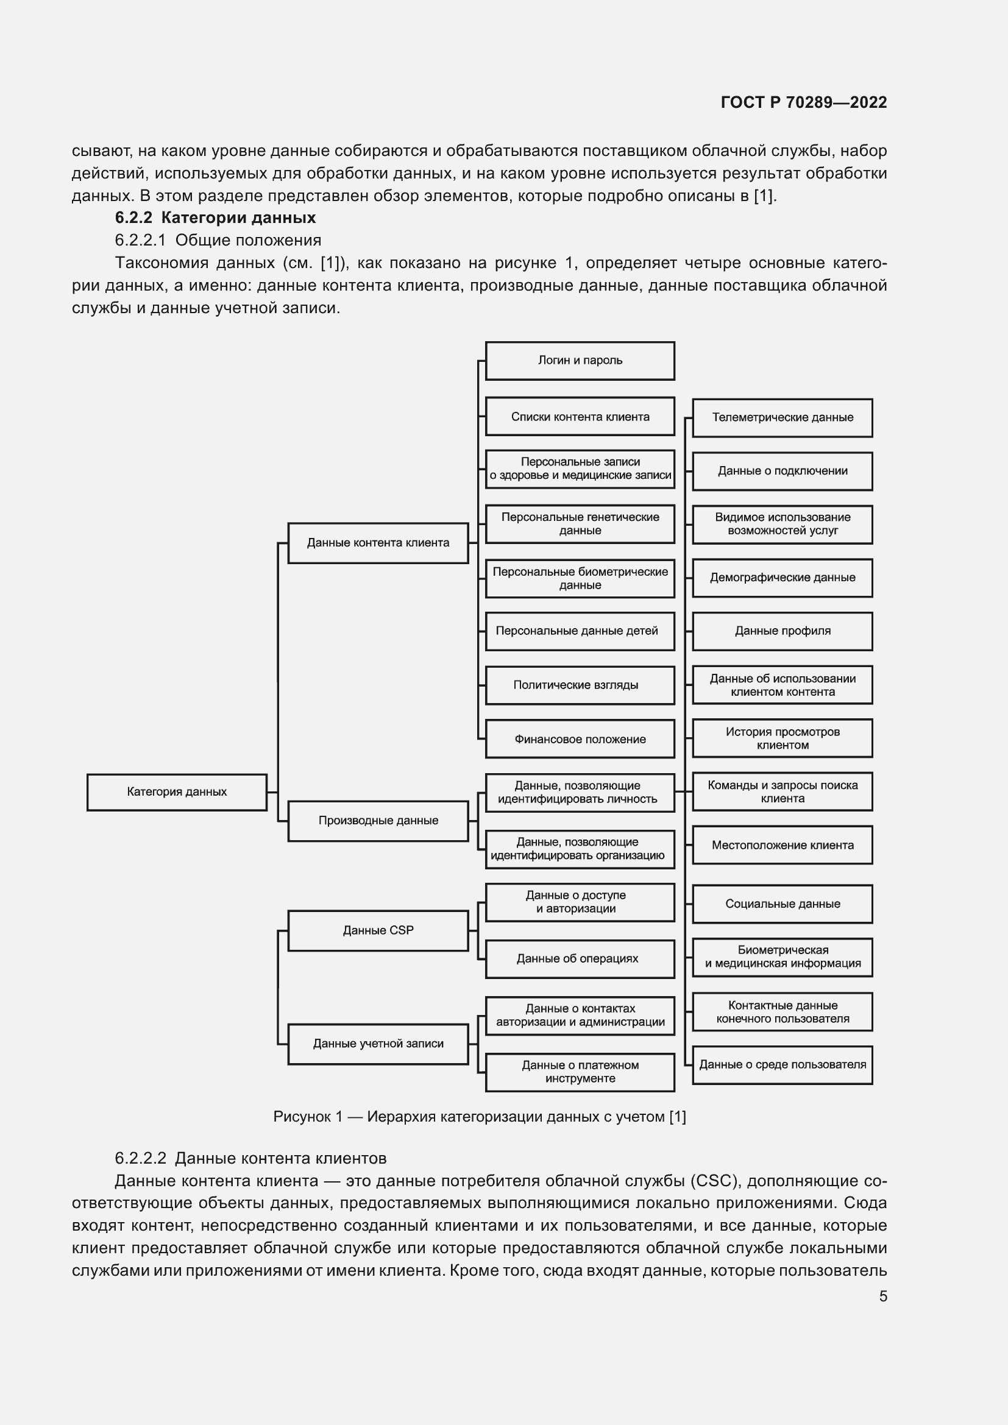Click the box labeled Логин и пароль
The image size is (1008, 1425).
[x=580, y=361]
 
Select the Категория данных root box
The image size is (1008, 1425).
[x=177, y=792]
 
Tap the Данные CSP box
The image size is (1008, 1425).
[x=378, y=930]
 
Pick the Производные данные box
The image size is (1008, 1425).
[x=378, y=821]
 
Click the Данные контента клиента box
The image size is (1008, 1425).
[x=378, y=543]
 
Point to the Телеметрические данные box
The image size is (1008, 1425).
[x=782, y=418]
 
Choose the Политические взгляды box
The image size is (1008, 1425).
[x=580, y=685]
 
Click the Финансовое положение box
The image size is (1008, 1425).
[x=580, y=739]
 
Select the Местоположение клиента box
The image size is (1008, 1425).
[x=782, y=846]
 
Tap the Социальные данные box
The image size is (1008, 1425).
[x=782, y=904]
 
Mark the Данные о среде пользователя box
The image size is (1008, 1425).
[x=782, y=1065]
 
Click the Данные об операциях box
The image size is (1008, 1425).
[x=580, y=959]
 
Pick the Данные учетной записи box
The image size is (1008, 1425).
[x=378, y=1044]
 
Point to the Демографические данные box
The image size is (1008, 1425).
[x=782, y=578]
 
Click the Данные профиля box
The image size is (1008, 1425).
[x=782, y=631]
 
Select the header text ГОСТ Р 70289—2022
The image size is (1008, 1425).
[x=804, y=102]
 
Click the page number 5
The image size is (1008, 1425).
[x=882, y=1296]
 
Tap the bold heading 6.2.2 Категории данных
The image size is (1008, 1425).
[x=215, y=218]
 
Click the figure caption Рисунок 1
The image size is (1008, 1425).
[x=479, y=1117]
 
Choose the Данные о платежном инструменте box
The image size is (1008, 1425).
[x=580, y=1072]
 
